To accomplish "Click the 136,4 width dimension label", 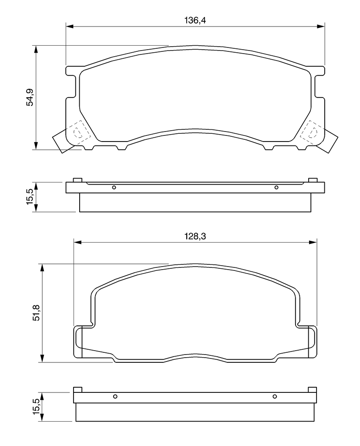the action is click(195, 20).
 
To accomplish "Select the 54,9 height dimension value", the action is click(30, 97).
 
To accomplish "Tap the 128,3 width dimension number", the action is click(195, 236).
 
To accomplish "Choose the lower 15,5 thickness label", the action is click(37, 406).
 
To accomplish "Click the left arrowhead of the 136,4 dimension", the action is click(70, 27).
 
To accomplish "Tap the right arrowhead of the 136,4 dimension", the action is click(321, 27).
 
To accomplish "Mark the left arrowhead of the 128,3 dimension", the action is click(77, 242).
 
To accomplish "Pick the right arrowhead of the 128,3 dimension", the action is click(313, 242).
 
